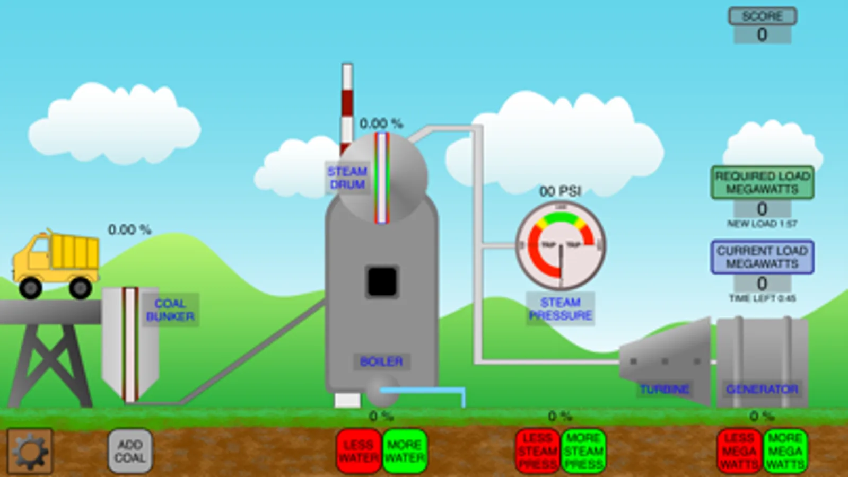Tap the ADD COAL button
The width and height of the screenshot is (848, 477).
click(x=130, y=450)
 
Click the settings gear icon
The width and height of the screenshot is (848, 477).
click(x=30, y=451)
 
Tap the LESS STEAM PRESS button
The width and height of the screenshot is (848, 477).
click(x=537, y=451)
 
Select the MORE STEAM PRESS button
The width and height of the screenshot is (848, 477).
click(x=583, y=451)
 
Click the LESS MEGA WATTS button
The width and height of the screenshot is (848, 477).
click(x=739, y=451)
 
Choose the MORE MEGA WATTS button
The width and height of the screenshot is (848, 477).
click(x=785, y=451)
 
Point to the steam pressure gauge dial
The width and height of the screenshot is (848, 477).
click(x=561, y=245)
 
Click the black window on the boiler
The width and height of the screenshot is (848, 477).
click(x=382, y=281)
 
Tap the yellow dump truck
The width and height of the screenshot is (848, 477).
click(x=56, y=263)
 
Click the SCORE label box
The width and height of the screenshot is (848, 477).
click(x=762, y=16)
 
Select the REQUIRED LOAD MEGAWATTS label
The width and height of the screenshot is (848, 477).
click(x=762, y=182)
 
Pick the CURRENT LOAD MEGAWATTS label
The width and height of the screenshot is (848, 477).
click(x=762, y=257)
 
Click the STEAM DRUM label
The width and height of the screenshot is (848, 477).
click(x=347, y=178)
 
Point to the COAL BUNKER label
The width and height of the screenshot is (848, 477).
click(x=170, y=310)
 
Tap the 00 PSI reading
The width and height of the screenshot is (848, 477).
click(x=560, y=191)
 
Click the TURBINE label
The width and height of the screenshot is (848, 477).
click(x=664, y=390)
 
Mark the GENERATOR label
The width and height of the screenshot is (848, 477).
click(x=762, y=390)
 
